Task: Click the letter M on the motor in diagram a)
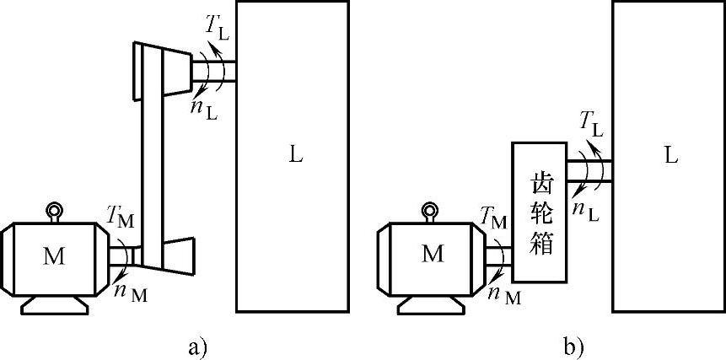click(x=54, y=255)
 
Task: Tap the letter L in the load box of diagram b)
click(x=670, y=156)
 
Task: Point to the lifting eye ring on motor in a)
click(x=55, y=210)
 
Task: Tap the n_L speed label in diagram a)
click(x=206, y=108)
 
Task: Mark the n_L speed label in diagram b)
click(x=585, y=209)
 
